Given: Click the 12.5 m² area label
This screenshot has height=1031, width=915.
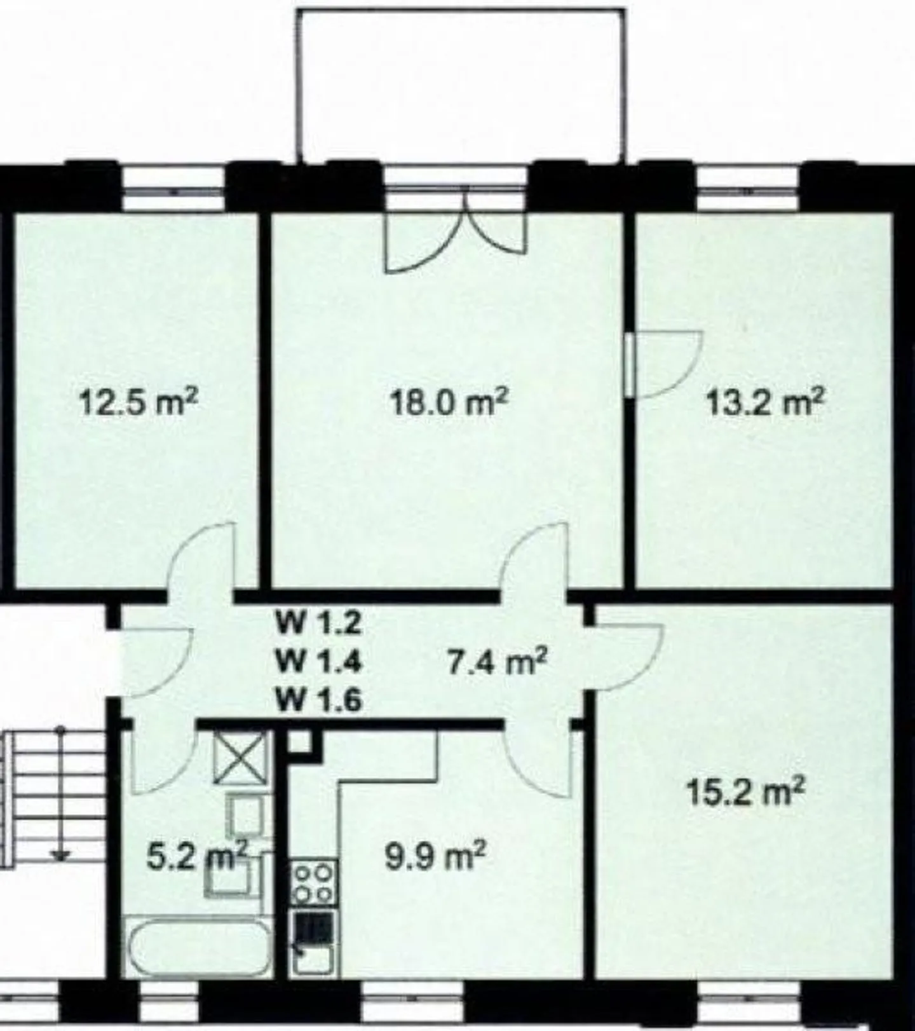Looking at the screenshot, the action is point(139,402).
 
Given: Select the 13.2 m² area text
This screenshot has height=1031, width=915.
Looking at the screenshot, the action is point(765,402).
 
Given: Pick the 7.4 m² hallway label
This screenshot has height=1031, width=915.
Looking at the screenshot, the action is point(498,663).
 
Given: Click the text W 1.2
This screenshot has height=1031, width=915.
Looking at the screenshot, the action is point(318,622).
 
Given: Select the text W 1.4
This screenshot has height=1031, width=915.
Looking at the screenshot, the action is point(318,662).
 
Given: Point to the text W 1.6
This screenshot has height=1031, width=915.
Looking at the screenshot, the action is point(318,700).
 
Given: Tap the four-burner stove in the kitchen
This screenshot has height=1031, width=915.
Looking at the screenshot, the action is point(314,882).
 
